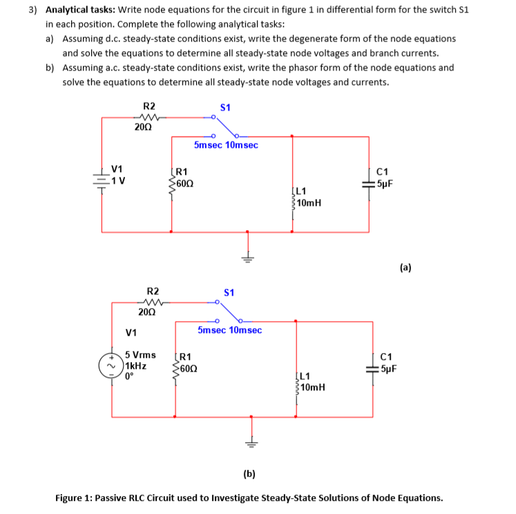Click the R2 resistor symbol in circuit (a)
[149, 117]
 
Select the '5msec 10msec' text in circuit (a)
[226, 145]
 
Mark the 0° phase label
[129, 377]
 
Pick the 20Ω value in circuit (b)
[146, 312]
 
